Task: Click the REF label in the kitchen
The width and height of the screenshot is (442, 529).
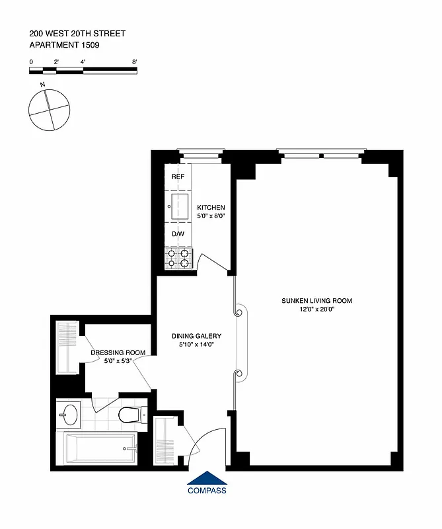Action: (178, 177)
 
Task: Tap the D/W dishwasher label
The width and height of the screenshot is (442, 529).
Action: (178, 234)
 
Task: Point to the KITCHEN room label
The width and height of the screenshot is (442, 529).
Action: (211, 208)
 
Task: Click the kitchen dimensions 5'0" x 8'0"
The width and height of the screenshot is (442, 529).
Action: (211, 216)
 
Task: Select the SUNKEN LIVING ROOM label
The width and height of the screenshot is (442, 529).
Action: (317, 301)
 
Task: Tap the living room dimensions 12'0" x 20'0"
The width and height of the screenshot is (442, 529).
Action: (317, 309)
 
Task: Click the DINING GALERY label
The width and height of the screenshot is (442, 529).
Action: (196, 335)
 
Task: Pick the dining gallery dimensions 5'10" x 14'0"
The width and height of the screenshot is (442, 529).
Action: (196, 344)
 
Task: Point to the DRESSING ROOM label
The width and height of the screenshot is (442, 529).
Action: (118, 352)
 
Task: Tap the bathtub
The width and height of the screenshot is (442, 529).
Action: (99, 449)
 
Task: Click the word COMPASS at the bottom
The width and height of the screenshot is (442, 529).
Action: (207, 491)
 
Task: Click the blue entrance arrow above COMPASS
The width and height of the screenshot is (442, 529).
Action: (207, 478)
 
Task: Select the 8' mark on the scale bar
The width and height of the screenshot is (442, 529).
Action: (134, 61)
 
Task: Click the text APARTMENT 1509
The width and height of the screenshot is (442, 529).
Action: (63, 45)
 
